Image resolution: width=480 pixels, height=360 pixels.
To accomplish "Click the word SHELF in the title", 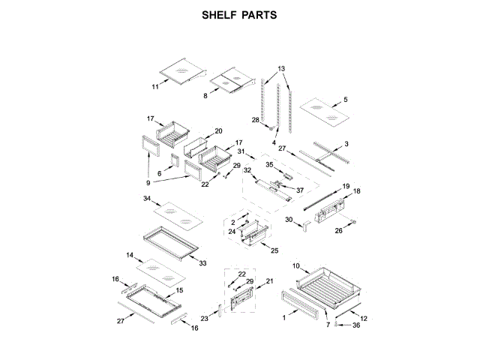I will [218, 14].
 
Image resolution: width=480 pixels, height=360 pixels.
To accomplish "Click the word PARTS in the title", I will [261, 14].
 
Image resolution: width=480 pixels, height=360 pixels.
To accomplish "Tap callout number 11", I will [155, 87].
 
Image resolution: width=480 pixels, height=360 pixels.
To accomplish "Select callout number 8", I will [205, 96].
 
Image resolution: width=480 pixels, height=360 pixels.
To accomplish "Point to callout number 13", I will [281, 68].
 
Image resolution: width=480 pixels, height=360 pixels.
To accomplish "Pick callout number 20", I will [219, 130].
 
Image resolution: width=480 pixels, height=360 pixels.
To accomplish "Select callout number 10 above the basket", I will [295, 266].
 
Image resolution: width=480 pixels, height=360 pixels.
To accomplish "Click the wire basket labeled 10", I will [328, 288].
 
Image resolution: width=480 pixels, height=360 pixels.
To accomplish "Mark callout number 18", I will [357, 192].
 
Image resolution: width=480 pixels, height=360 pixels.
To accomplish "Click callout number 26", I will [338, 231].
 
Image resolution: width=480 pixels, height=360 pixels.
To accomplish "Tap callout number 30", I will [288, 219].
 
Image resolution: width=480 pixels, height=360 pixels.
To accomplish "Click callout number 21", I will [270, 281].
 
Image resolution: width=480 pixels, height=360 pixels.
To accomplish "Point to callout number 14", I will [130, 254].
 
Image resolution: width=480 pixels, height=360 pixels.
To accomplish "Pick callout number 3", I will [346, 143].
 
